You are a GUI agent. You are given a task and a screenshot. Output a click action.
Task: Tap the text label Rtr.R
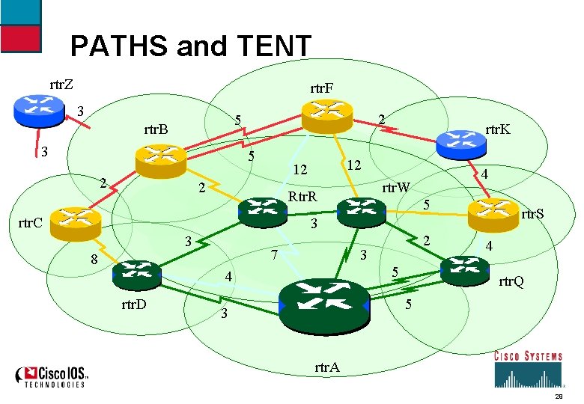(x=303, y=198)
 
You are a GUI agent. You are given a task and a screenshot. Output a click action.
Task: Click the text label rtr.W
(x=398, y=187)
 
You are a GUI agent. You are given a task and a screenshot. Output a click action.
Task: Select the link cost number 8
(x=94, y=260)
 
